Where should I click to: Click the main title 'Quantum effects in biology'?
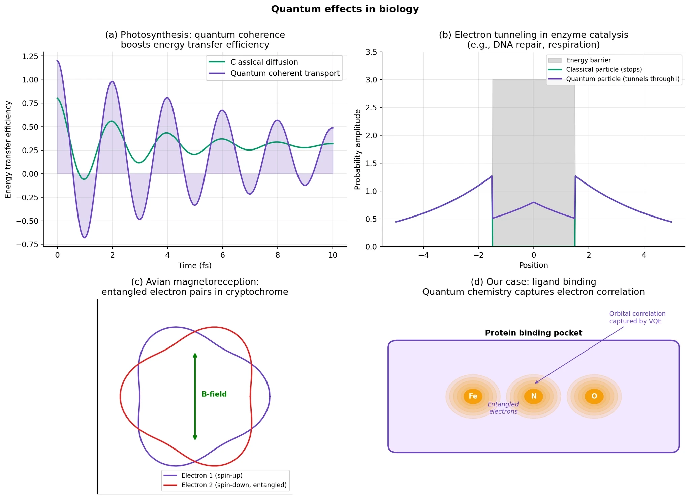(x=345, y=9)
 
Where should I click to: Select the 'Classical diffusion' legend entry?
(x=264, y=62)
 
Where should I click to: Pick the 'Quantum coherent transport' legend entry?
(x=285, y=73)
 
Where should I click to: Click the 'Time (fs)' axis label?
(x=195, y=266)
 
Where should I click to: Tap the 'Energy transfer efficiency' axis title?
(x=8, y=150)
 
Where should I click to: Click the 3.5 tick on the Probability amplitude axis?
(x=371, y=52)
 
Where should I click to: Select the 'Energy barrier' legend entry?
(x=588, y=60)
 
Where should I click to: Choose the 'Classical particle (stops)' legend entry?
(x=604, y=70)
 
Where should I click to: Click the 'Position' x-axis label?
(x=533, y=265)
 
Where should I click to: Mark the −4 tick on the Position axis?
(x=423, y=255)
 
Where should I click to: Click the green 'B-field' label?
(x=214, y=394)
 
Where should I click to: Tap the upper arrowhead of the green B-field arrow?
(x=195, y=355)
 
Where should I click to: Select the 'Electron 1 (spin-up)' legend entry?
(x=212, y=476)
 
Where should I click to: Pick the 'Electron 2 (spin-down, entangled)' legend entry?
(x=234, y=485)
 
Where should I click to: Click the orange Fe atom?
(x=473, y=396)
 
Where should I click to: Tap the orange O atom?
(x=594, y=396)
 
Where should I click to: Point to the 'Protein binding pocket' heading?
(x=533, y=333)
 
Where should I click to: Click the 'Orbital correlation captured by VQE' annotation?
(x=637, y=318)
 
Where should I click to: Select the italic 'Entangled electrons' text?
(x=503, y=408)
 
